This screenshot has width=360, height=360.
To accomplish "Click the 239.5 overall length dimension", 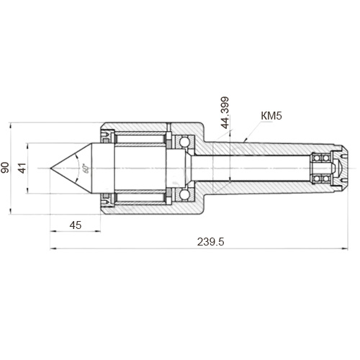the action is tap(210, 242).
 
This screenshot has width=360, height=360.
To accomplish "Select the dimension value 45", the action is tap(76, 225).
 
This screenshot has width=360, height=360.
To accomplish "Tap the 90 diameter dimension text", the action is tap(5, 168).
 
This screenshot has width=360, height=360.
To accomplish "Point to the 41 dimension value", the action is tap(22, 168).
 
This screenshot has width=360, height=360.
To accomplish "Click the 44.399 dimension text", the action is tap(225, 112).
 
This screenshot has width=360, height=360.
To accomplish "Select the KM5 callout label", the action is tap(271, 116).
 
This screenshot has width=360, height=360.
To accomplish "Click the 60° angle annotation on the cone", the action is tap(86, 168).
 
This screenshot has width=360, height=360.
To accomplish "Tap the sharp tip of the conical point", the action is tap(50, 168).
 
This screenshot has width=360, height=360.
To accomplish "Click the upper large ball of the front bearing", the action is tap(184, 142).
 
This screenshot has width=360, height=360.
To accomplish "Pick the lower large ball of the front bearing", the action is tap(184, 194).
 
